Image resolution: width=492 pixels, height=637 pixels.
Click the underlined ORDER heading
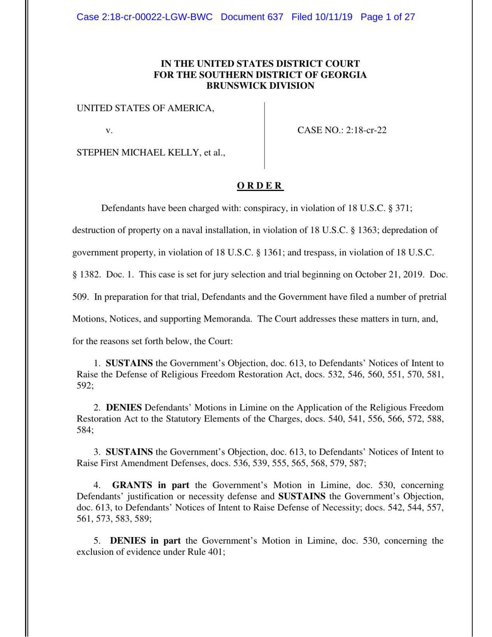click(x=260, y=185)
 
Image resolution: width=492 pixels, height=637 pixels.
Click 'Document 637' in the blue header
click(x=252, y=17)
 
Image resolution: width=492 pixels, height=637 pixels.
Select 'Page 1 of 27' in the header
click(x=387, y=17)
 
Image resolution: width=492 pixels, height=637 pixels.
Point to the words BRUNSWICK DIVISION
click(x=260, y=86)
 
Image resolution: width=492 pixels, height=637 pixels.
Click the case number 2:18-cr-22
click(x=366, y=130)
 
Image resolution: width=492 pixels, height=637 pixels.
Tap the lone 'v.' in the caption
click(x=109, y=130)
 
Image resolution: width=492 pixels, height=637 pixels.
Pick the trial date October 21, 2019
click(x=389, y=275)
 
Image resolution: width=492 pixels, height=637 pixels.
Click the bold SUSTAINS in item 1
click(x=129, y=363)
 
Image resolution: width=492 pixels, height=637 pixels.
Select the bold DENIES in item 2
click(x=124, y=408)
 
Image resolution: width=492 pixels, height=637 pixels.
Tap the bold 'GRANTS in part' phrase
click(x=151, y=485)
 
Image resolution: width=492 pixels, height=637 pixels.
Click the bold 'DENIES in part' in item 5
click(x=145, y=541)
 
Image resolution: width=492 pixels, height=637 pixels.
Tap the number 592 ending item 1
click(x=84, y=386)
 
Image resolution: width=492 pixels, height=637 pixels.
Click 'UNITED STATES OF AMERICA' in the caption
click(x=145, y=108)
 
